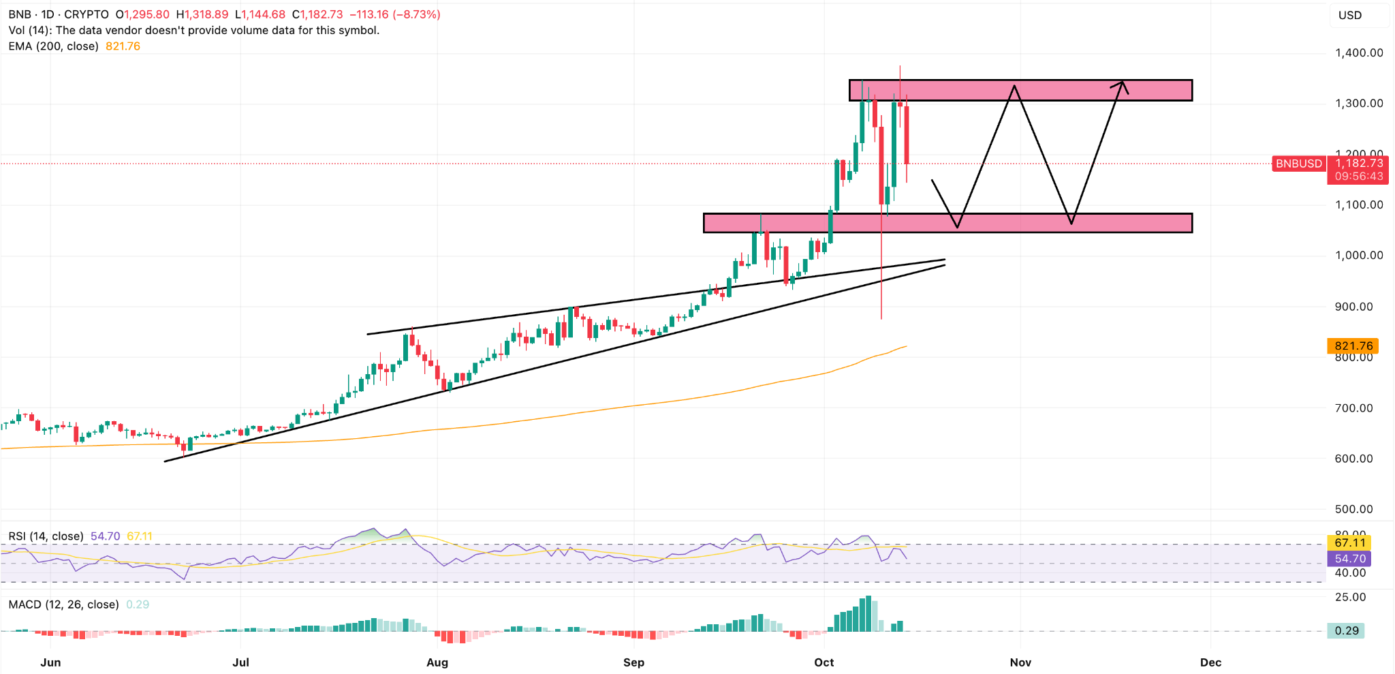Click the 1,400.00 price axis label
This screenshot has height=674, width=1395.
tap(1359, 52)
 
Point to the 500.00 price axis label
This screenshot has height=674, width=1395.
tap(1359, 509)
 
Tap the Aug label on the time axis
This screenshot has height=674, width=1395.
tap(437, 662)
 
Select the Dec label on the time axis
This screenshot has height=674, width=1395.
tap(1210, 662)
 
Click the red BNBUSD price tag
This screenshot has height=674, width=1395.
tap(1298, 164)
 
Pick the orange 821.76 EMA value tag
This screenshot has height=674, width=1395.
tap(1353, 346)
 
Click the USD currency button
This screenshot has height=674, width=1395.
tap(1350, 15)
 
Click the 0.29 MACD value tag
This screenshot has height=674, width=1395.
tap(1347, 630)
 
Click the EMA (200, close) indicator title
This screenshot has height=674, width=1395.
tap(54, 46)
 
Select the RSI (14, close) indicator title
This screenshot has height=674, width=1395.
tap(46, 536)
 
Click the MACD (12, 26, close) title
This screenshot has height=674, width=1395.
tap(64, 604)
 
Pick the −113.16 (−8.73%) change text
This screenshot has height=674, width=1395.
tap(395, 14)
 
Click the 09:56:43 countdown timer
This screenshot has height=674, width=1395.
tap(1359, 177)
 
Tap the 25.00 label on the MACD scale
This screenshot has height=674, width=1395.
tap(1350, 597)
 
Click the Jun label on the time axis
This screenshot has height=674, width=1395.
tap(50, 662)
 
